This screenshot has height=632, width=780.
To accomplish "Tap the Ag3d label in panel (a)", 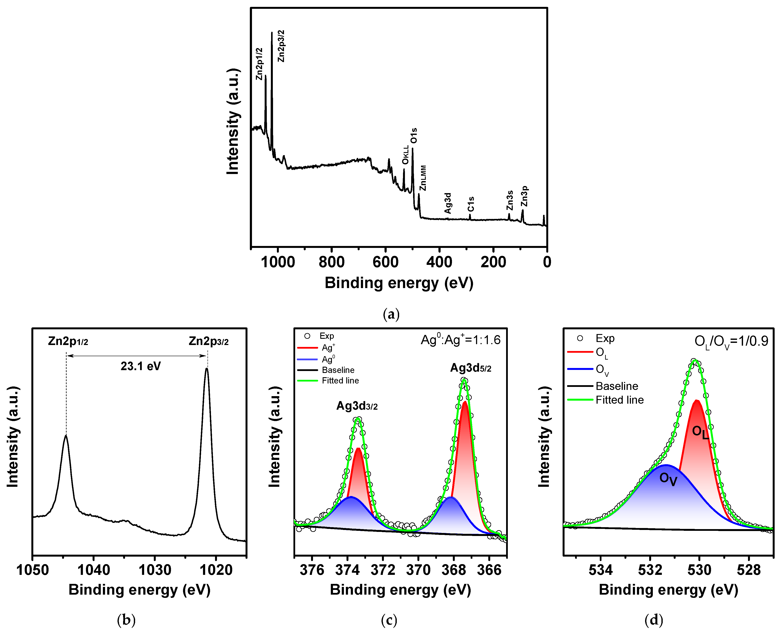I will click(448, 203).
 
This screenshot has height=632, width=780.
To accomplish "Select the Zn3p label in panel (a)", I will click(524, 196).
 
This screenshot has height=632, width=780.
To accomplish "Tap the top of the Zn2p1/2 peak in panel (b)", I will click(66, 436).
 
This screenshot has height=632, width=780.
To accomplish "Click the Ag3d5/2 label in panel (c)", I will click(471, 368).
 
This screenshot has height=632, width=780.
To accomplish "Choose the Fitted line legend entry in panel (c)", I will click(340, 380).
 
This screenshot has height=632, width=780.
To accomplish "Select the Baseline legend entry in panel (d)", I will click(617, 386).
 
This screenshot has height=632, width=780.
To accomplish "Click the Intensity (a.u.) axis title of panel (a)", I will click(233, 121).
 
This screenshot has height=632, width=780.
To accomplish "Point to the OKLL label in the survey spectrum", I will click(405, 155).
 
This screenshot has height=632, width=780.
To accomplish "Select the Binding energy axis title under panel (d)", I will click(668, 590).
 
